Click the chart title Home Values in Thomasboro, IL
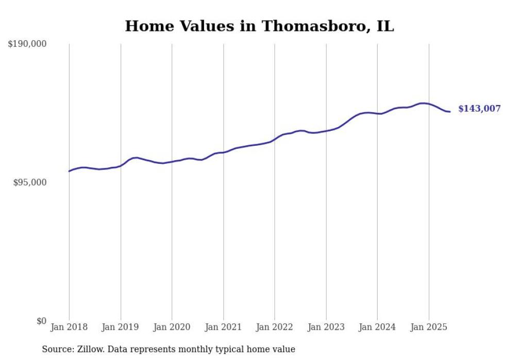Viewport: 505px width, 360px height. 259,26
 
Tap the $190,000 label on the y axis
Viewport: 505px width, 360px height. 27,44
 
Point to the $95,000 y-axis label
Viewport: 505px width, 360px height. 30,182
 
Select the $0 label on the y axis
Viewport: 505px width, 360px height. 41,321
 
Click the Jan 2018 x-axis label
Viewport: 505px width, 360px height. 69,327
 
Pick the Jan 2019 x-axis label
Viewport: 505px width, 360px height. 121,327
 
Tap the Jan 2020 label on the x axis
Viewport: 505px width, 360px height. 172,327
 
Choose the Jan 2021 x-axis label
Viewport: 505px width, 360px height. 223,327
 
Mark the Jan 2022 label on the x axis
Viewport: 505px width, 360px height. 275,327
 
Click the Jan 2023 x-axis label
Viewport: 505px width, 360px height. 326,327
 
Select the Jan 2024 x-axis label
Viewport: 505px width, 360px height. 377,327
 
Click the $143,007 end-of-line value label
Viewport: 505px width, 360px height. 479,109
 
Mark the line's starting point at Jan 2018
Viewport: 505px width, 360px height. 69,171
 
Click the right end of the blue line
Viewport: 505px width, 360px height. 450,112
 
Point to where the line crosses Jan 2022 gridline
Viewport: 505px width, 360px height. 275,139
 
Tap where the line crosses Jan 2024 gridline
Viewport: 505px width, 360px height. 377,113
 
